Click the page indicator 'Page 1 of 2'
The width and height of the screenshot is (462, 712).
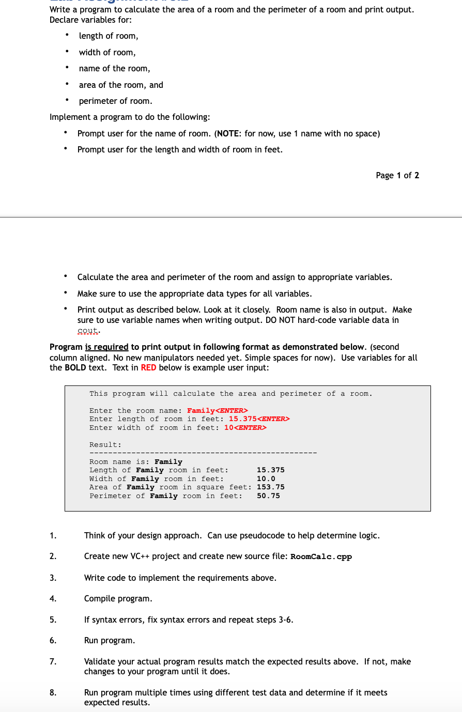point(397,175)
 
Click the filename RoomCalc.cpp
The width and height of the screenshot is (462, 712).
point(321,556)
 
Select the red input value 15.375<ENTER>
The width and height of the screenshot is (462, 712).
point(259,419)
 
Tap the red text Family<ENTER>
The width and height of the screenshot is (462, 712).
point(217,411)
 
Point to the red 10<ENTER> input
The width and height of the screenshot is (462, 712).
point(245,428)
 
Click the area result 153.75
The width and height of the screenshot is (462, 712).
point(270,487)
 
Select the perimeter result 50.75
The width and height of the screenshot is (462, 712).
point(268,496)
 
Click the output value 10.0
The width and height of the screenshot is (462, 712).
point(266,479)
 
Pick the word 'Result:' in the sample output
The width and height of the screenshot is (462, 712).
point(105,445)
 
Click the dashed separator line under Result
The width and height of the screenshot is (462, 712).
point(203,453)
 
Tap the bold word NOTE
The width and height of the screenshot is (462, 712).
point(227,133)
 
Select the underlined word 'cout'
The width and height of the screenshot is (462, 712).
point(88,330)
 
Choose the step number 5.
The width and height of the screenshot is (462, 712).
point(53,620)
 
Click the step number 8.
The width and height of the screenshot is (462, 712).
point(53,692)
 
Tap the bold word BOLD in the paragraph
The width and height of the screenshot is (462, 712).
point(75,367)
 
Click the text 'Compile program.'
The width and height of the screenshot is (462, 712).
point(118,598)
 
